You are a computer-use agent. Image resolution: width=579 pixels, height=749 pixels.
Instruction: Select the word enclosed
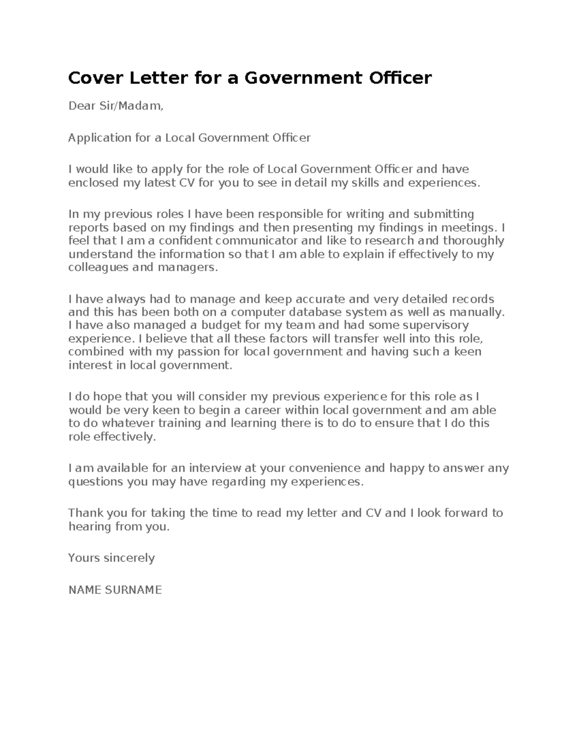pyautogui.click(x=91, y=183)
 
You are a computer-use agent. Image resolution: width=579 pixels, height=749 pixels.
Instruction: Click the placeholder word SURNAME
pyautogui.click(x=136, y=590)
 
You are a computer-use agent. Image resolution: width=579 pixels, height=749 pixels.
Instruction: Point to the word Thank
pyautogui.click(x=83, y=513)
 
